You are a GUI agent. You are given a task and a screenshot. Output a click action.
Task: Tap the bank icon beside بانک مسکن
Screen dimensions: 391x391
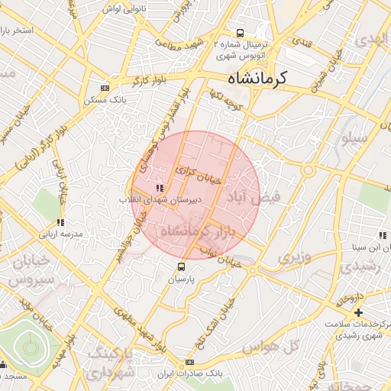pos(105,88)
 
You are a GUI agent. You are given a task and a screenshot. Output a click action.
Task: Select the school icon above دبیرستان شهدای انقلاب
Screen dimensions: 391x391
pos(159,188)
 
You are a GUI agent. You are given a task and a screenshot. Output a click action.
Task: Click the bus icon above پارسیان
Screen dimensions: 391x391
pos(182,267)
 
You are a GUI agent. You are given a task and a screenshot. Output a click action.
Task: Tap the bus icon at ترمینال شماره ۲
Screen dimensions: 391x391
pos(240,33)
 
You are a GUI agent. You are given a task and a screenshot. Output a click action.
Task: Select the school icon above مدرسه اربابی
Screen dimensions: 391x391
pos(60,222)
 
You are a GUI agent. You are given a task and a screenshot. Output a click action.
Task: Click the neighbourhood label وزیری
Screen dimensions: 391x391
pos(294,257)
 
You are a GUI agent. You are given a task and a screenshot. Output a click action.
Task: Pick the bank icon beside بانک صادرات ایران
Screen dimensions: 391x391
pos(189,362)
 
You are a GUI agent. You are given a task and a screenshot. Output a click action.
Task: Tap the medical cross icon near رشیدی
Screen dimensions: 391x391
pos(358,312)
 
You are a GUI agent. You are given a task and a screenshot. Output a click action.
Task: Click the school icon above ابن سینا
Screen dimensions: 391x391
pos(380,234)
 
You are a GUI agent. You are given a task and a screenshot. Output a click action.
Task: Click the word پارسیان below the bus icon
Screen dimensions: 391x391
pos(182,280)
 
